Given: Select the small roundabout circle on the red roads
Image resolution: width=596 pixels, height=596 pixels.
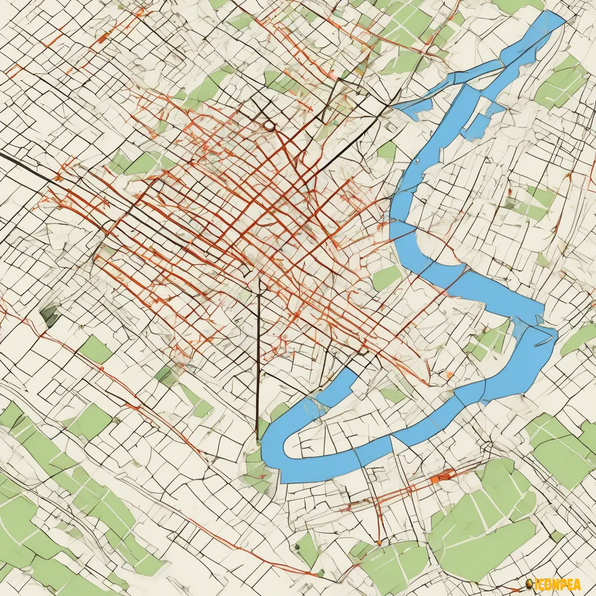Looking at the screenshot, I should tap(268, 125).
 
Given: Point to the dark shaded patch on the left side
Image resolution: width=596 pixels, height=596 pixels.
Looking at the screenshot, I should tap(50, 316).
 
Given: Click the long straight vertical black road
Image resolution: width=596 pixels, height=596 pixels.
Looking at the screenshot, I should tap(258, 361).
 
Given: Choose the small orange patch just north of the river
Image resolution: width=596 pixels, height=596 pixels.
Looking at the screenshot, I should tap(449, 375).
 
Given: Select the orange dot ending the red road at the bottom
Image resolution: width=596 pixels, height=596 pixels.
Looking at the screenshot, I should tap(379, 542).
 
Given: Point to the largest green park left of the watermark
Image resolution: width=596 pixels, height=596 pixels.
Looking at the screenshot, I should tap(483, 541).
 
